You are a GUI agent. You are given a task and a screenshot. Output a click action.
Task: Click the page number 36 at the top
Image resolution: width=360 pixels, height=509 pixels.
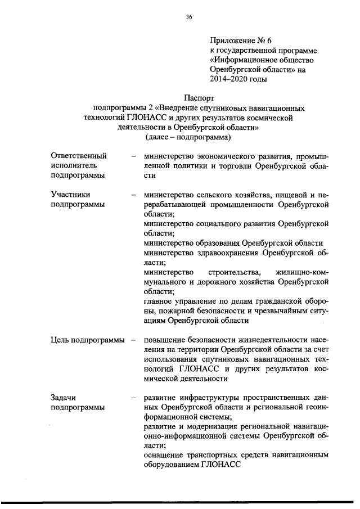189,17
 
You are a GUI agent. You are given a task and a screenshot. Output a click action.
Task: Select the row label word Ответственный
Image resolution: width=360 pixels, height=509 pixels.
79,155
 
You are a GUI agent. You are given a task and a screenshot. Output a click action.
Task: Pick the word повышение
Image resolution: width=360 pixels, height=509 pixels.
166,340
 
